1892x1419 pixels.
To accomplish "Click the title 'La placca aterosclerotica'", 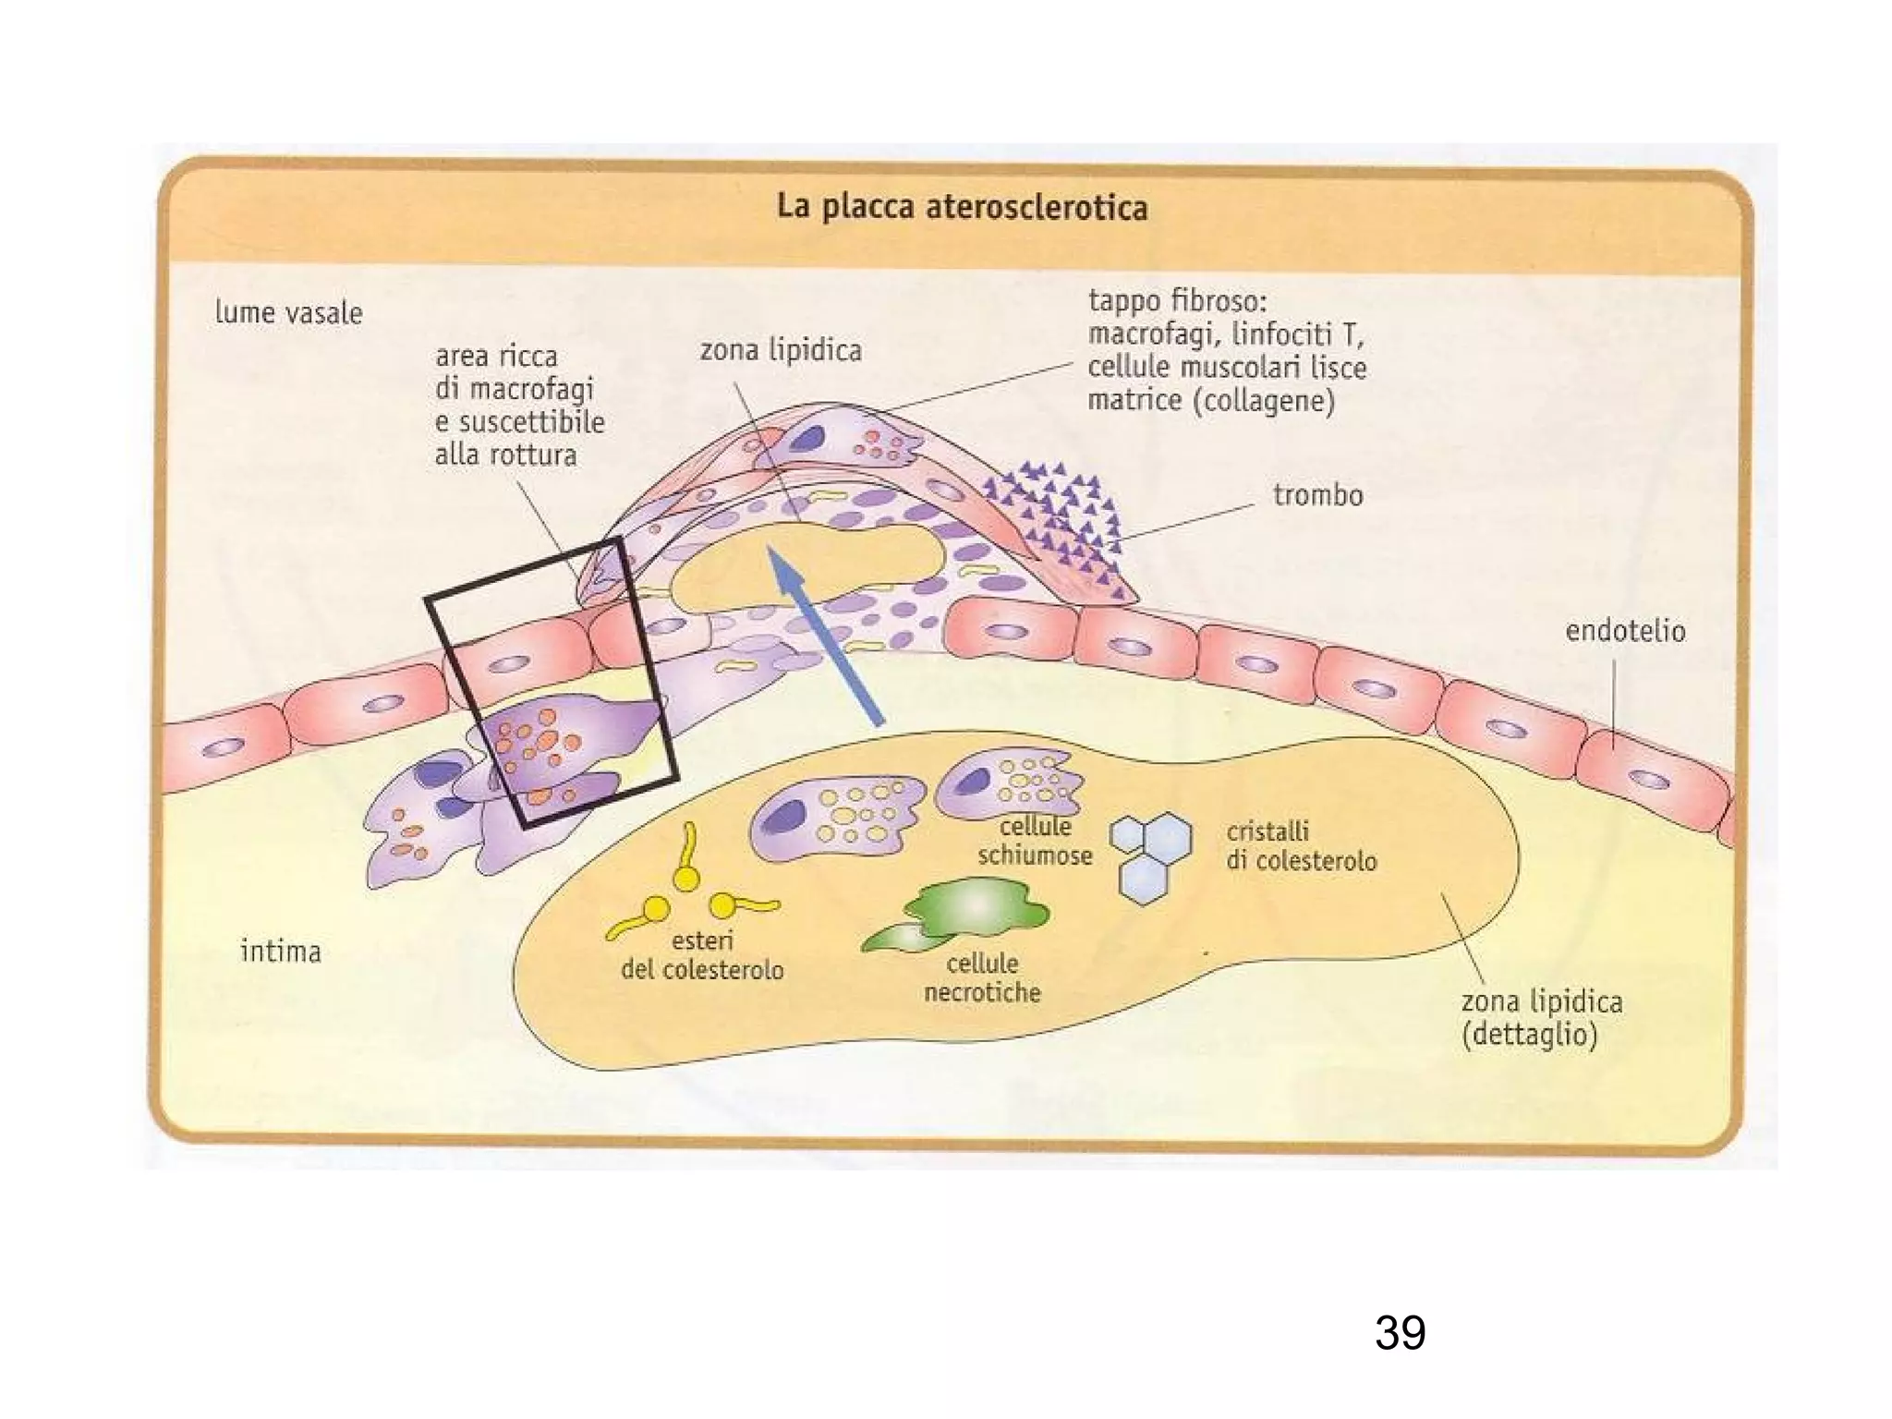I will coord(962,207).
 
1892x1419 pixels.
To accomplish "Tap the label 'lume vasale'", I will coord(288,313).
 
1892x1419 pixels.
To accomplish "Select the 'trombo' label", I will coord(1317,496).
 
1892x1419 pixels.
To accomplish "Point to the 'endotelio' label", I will coord(1625,632).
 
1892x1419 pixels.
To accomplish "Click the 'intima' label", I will coord(281,952).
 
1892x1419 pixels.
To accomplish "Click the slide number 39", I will coord(1400,1333).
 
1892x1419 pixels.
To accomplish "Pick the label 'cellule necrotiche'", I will coord(982,978).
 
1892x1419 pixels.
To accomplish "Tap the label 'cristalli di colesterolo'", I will coord(1301,846).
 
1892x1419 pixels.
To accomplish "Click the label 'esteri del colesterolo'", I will coord(702,955).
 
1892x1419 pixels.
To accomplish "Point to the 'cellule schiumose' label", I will coord(1035,841).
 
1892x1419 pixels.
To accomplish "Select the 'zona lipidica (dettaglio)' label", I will coord(1541,1017).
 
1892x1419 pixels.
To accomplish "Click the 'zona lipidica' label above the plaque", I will coord(781,351).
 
